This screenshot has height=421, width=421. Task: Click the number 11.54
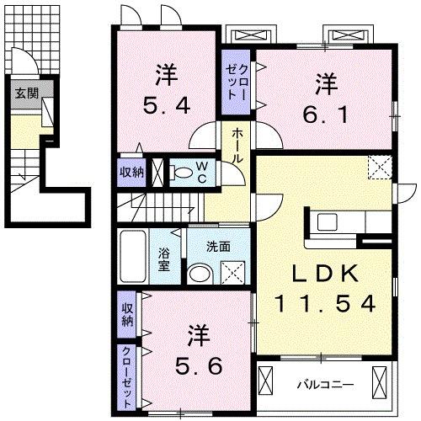pos(324,304)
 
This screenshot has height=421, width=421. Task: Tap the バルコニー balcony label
pos(324,385)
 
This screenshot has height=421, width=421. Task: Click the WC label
pos(205,172)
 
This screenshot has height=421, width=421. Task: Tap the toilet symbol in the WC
pos(180,173)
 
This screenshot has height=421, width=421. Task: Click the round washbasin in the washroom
pos(199,274)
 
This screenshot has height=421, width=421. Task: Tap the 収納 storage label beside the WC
pos(131,172)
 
